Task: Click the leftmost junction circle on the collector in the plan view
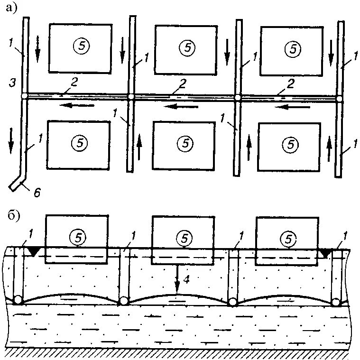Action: [x=24, y=97]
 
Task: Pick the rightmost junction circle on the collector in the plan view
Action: [x=340, y=99]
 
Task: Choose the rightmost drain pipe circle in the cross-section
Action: [x=336, y=302]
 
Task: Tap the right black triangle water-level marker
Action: [x=325, y=254]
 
